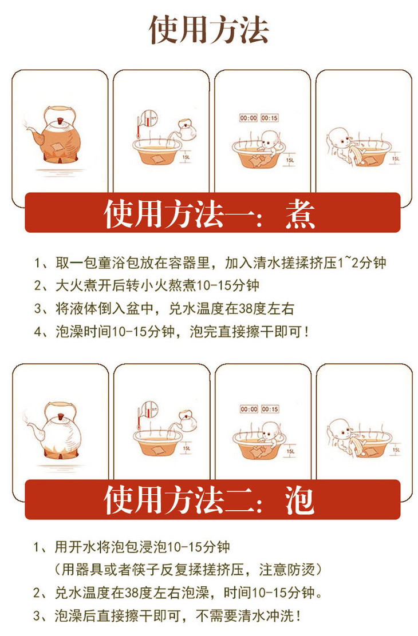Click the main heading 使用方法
pos(209,30)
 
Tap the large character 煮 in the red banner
pos(300,214)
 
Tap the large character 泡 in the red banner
pos(299,500)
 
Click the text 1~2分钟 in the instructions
pos(361,263)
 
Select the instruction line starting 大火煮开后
pos(147,285)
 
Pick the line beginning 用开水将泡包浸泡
pos(132,547)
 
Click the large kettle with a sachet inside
pos(56,134)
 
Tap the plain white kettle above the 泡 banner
pos(56,427)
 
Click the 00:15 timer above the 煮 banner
pos(270,118)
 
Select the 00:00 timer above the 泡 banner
pos(248,409)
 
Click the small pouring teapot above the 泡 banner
pos(186,420)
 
